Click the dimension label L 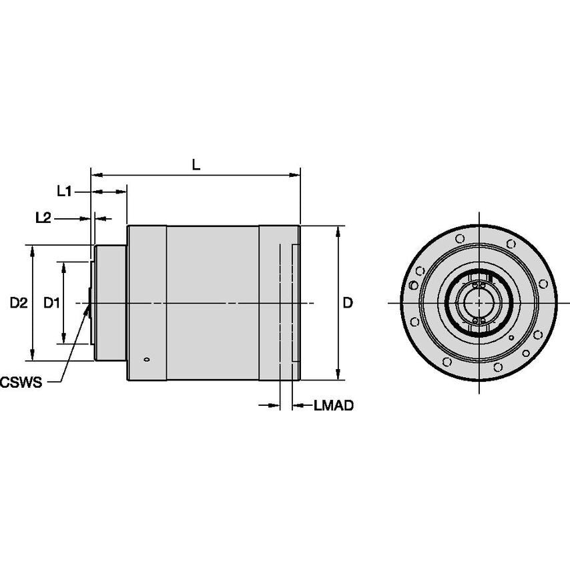196,164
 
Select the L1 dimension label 65,192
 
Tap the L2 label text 44,218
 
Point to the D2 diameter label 18,303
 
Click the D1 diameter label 51,303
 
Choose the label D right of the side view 348,303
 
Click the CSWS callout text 22,382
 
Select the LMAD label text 333,405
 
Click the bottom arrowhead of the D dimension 338,376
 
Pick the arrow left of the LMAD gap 275,405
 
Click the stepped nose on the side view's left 109,303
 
